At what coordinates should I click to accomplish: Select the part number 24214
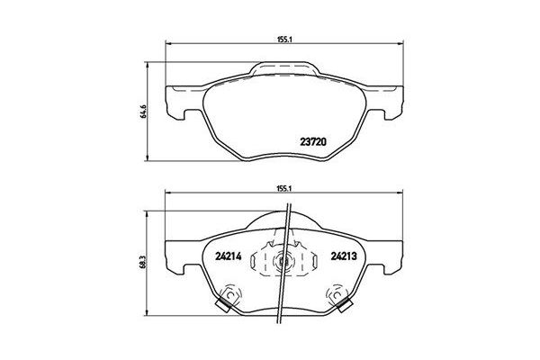tap(229, 255)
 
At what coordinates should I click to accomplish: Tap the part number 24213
tap(343, 255)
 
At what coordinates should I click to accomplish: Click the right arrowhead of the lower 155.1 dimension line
tap(400, 197)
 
